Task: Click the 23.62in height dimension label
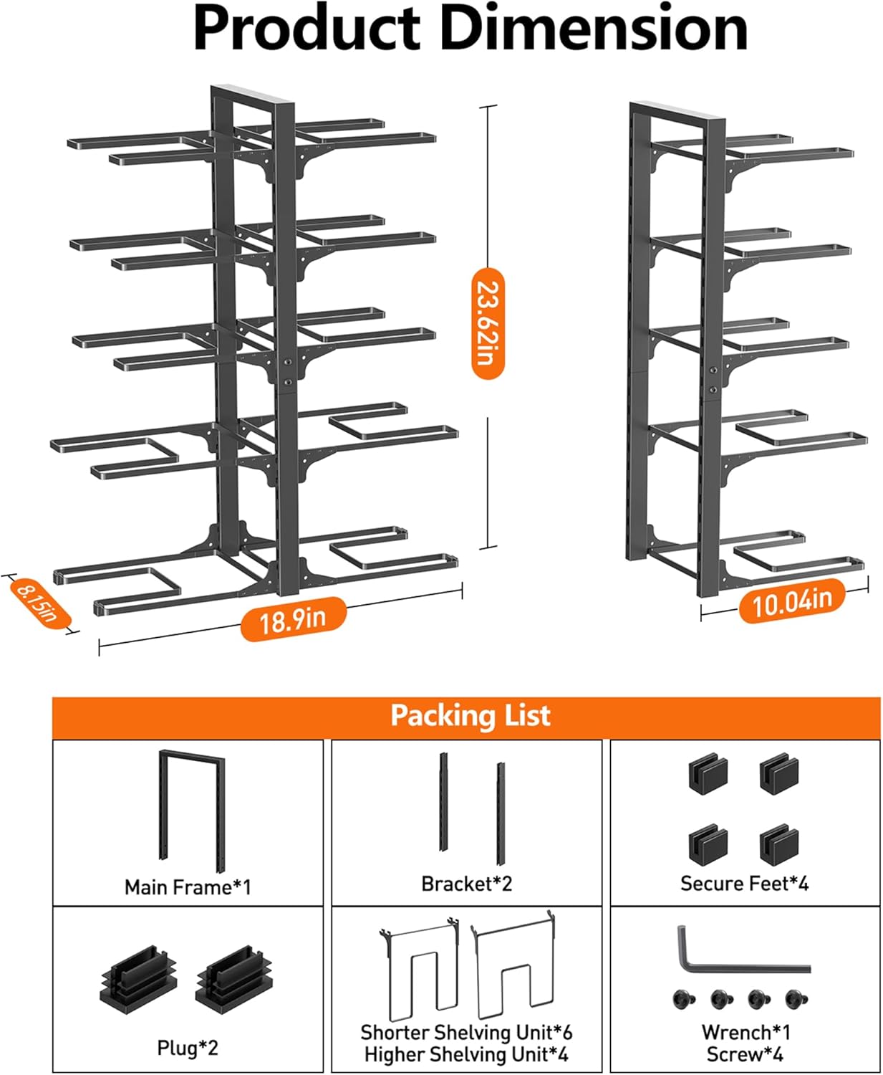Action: click(488, 323)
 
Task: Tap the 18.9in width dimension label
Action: click(293, 618)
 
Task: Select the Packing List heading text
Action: click(470, 716)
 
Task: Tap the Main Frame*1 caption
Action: click(188, 887)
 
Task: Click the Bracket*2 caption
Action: click(466, 884)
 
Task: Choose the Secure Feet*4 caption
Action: click(744, 884)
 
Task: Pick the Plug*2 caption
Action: click(188, 1048)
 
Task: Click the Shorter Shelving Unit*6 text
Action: click(466, 1032)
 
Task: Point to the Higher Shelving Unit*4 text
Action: click(466, 1054)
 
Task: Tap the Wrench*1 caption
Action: click(746, 1032)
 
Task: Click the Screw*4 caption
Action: click(745, 1054)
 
